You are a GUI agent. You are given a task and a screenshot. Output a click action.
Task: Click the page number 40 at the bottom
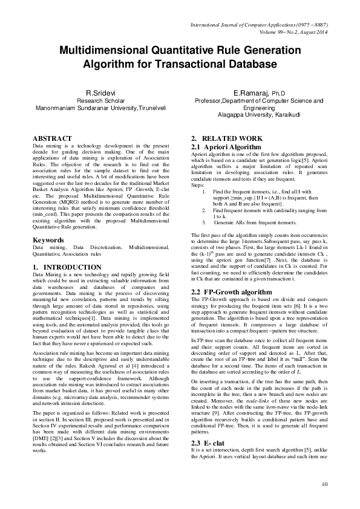pyautogui.click(x=325, y=485)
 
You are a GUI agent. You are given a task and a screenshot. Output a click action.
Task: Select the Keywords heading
pyautogui.click(x=48, y=240)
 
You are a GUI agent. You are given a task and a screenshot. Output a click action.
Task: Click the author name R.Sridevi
pyautogui.click(x=100, y=93)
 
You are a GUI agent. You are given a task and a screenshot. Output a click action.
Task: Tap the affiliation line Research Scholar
pyautogui.click(x=100, y=101)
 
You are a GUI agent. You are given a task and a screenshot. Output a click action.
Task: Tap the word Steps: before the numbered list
pyautogui.click(x=198, y=186)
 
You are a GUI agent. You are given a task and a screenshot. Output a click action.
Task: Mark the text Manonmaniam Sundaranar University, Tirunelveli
pyautogui.click(x=100, y=108)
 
